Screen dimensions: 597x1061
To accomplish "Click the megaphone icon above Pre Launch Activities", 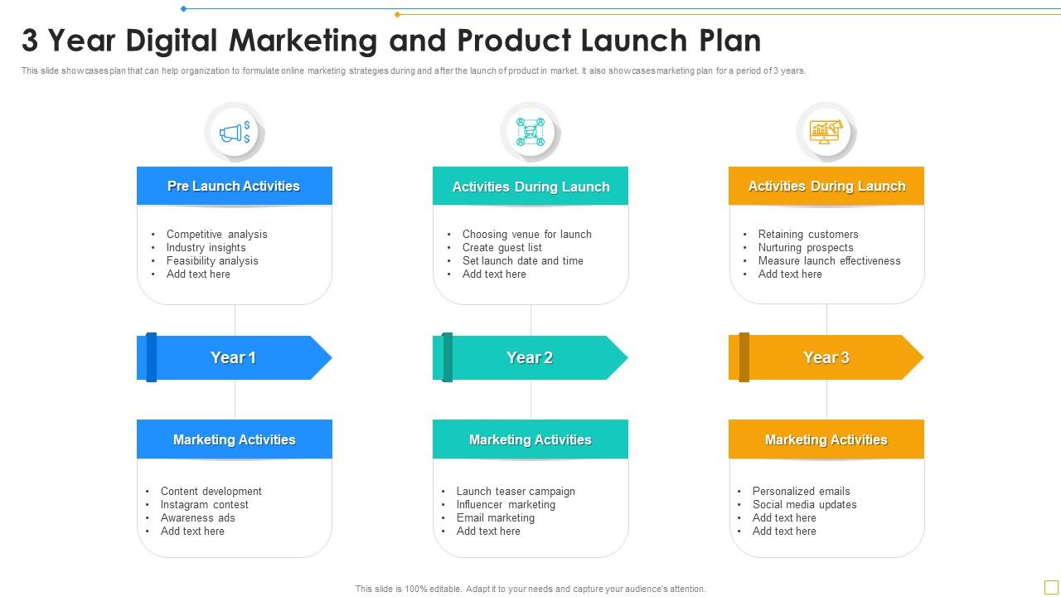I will point(235,132).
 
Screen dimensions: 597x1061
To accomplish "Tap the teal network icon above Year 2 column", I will point(530,132).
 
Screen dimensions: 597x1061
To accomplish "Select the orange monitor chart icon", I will point(826,131).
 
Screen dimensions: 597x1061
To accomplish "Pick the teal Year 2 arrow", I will point(530,357).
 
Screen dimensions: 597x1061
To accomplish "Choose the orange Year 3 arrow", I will point(826,357).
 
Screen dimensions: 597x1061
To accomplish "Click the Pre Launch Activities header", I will point(234,186).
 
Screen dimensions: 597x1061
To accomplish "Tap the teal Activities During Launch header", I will point(530,187).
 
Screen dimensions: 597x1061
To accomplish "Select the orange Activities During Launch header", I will point(826,186).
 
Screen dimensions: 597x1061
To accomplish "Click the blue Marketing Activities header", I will point(234,439).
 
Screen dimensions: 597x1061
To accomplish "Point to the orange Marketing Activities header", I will point(826,439).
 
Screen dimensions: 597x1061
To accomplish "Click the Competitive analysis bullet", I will point(216,234).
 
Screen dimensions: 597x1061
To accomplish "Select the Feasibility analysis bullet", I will point(212,260).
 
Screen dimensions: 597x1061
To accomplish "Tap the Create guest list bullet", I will point(501,247).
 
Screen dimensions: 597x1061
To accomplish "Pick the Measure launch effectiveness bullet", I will point(829,260).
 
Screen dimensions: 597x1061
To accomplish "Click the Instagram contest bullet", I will point(204,504).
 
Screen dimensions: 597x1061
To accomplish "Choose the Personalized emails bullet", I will point(801,491).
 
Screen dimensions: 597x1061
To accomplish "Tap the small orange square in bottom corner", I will point(1050,587).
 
